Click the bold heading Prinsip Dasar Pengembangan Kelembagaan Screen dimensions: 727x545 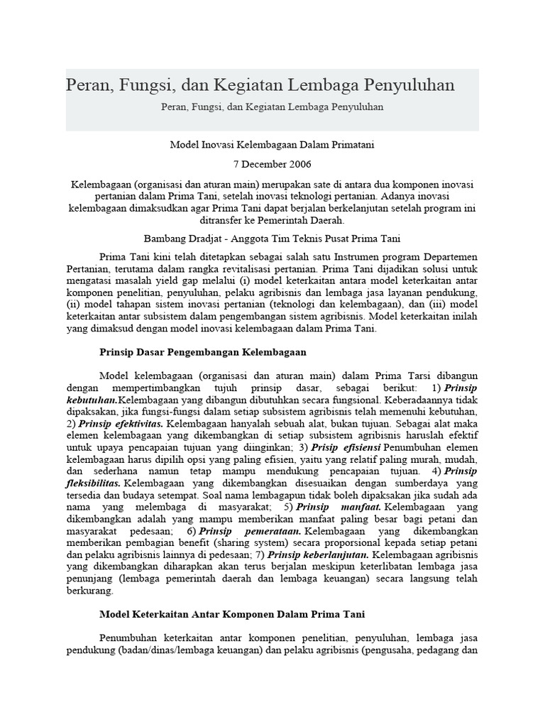click(x=203, y=351)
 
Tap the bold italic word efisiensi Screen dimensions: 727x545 click(x=357, y=447)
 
